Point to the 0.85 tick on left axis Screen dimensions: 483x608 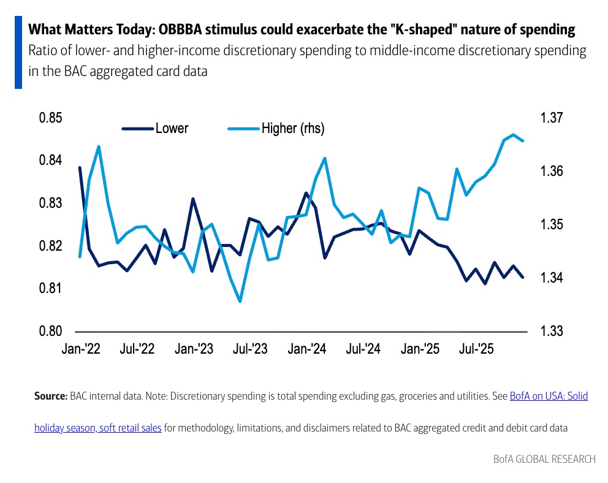[51, 118]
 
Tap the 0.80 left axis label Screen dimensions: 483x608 [51, 331]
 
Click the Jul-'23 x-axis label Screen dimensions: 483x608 [251, 349]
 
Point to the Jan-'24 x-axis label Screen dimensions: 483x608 [307, 349]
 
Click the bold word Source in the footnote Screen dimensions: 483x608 [50, 397]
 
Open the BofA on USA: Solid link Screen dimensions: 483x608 [549, 397]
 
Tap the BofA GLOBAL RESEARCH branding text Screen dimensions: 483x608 [544, 458]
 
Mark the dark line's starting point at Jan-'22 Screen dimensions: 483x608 [80, 167]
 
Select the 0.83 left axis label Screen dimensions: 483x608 [51, 203]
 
